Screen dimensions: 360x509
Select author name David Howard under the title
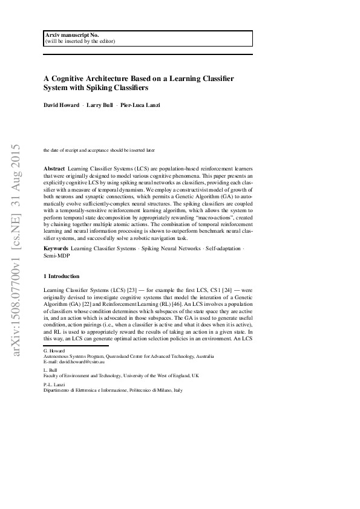pos(61,106)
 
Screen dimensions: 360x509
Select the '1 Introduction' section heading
pos(62,276)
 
